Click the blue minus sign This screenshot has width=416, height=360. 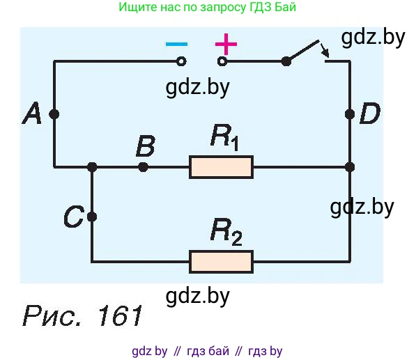176,44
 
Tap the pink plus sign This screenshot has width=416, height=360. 226,44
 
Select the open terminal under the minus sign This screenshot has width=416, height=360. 181,62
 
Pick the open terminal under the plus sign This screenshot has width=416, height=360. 222,62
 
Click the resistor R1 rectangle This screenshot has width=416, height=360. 221,167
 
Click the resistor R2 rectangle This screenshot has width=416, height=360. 221,262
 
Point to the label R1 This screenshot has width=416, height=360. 224,138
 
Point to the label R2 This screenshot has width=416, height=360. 226,232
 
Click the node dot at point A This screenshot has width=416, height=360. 54,114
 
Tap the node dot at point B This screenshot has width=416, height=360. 144,167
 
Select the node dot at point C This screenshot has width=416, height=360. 92,217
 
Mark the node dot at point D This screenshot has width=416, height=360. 350,114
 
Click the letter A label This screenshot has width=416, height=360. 32,114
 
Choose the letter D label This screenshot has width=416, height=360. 370,114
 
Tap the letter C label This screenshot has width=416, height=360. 74,217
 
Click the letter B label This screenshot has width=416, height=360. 146,146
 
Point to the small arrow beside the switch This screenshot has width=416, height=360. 325,50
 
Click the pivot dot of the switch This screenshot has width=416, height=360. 286,62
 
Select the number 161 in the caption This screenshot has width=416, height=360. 121,315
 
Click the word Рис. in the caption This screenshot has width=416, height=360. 52,315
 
